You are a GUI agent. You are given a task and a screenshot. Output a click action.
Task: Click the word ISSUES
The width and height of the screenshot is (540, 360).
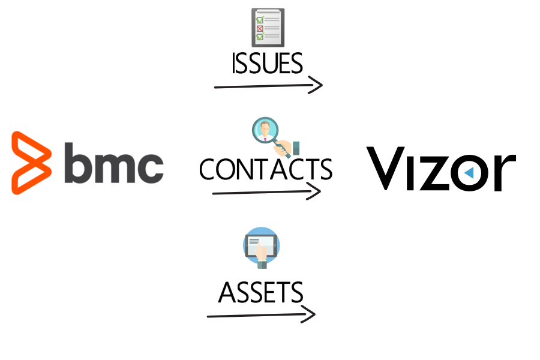point(267,64)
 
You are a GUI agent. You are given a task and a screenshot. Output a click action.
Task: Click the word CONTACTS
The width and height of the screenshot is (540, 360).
point(266,169)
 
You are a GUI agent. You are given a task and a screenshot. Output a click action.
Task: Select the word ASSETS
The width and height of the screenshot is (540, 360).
point(260,293)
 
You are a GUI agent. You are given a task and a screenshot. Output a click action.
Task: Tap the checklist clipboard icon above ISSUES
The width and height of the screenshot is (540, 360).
point(268,28)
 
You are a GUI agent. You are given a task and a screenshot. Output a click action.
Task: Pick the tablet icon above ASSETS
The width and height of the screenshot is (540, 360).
point(262,246)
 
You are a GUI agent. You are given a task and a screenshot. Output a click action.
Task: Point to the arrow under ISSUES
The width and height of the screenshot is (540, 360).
point(268,86)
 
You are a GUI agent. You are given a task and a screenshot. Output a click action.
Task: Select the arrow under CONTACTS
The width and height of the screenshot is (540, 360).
point(266,192)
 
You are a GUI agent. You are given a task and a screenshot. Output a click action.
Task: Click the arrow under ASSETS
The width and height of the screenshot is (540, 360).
point(260,314)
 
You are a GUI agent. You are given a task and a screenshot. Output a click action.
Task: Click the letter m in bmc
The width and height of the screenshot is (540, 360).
point(114,167)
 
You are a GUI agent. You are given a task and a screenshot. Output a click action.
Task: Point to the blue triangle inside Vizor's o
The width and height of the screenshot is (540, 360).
point(469,173)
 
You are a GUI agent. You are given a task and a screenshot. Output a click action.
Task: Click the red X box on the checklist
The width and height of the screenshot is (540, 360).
point(260,28)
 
